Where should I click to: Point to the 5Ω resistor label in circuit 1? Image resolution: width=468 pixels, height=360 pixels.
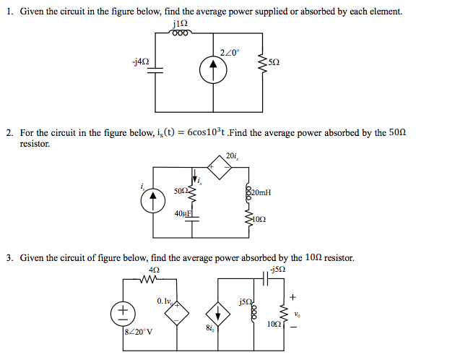[x=273, y=63]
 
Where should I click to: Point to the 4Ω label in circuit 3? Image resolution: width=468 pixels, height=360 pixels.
[x=153, y=270]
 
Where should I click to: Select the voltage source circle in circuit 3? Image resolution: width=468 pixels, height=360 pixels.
[x=123, y=312]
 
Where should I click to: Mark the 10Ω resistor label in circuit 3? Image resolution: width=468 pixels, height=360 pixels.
[x=274, y=325]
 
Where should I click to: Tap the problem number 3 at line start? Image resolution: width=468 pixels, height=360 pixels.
[x=9, y=257]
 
